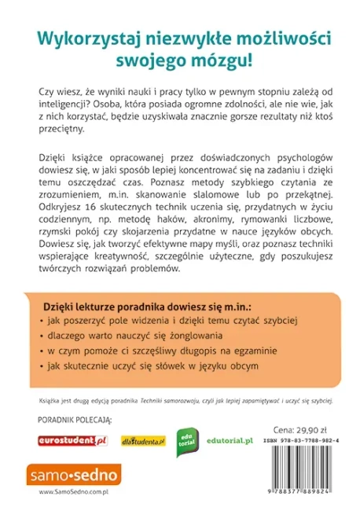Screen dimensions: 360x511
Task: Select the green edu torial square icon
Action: click(x=185, y=441)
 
